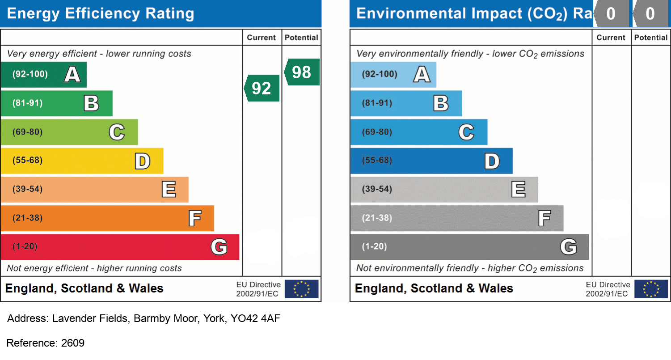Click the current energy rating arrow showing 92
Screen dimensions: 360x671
[262, 88]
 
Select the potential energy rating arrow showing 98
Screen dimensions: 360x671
[302, 72]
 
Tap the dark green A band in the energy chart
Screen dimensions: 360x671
[43, 74]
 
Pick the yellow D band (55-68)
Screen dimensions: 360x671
[82, 161]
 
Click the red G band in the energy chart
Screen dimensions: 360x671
[120, 247]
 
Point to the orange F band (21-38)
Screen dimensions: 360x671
[107, 218]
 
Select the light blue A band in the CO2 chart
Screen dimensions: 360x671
[393, 74]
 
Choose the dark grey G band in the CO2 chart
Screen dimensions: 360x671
[469, 247]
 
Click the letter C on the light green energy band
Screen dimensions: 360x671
[117, 132]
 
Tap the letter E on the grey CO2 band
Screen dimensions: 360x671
[518, 189]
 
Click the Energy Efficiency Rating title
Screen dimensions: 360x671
[101, 13]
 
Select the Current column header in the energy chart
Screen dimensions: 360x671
[262, 38]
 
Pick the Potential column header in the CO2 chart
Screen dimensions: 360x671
[651, 38]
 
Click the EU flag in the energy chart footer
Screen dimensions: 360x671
[302, 289]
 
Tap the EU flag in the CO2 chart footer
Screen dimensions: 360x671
[651, 289]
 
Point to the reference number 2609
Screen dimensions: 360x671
[72, 343]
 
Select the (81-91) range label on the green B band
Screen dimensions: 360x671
[27, 103]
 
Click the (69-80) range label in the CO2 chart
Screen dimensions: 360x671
[377, 132]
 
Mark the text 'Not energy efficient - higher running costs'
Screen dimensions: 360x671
[94, 268]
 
